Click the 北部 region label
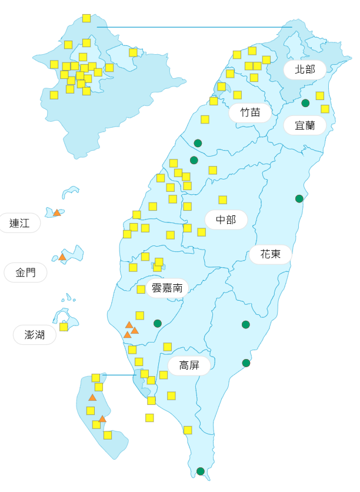[305, 69]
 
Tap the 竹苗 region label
[250, 112]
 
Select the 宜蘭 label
[305, 125]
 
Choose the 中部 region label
[226, 220]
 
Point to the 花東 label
[270, 254]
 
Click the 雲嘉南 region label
[167, 288]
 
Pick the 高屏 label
[189, 365]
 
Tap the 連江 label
[19, 223]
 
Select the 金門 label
[25, 272]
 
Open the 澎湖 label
[35, 335]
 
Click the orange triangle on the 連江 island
[57, 212]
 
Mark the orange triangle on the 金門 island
[62, 257]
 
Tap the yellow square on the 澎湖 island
[64, 327]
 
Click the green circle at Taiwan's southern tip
[201, 471]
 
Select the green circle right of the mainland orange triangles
[157, 323]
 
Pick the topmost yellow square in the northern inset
[86, 18]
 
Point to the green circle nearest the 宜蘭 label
[305, 103]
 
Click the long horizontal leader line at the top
[194, 26]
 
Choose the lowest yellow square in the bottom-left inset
[108, 435]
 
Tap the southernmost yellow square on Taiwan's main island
[188, 430]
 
